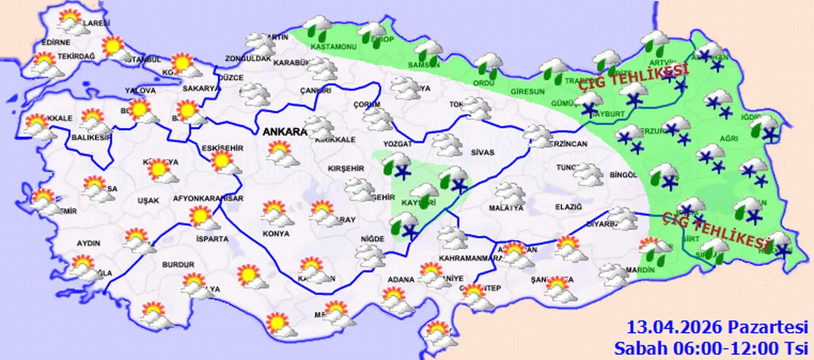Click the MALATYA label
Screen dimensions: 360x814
click(506, 208)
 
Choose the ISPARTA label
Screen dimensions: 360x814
click(212, 239)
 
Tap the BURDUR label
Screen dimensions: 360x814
click(178, 264)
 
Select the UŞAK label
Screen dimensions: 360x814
click(148, 200)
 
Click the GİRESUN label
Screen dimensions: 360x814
click(528, 92)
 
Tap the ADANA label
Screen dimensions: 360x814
click(402, 279)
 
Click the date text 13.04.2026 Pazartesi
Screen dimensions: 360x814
click(717, 328)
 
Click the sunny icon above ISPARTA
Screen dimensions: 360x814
click(202, 218)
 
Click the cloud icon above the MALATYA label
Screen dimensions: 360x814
click(509, 193)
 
